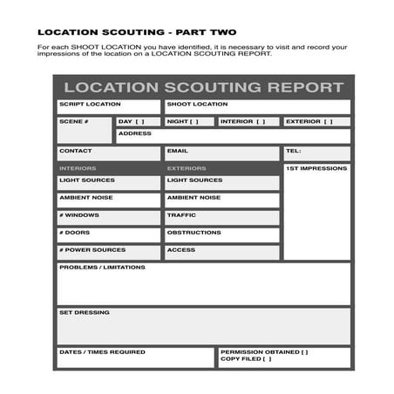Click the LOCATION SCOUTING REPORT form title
coord(203,87)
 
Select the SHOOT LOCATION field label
coord(197,105)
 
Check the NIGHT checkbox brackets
coord(194,122)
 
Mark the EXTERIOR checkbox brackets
coord(329,122)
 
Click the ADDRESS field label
coord(135,133)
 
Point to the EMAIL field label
coord(177,151)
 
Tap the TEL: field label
coord(293,151)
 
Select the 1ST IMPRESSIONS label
coord(316,168)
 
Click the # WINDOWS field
coord(109,217)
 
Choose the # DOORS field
coord(109,234)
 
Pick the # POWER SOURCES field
coord(109,252)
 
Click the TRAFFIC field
coord(221,217)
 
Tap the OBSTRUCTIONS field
coord(221,234)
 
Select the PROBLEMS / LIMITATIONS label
coord(102,268)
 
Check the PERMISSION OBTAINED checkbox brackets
coord(302,352)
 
